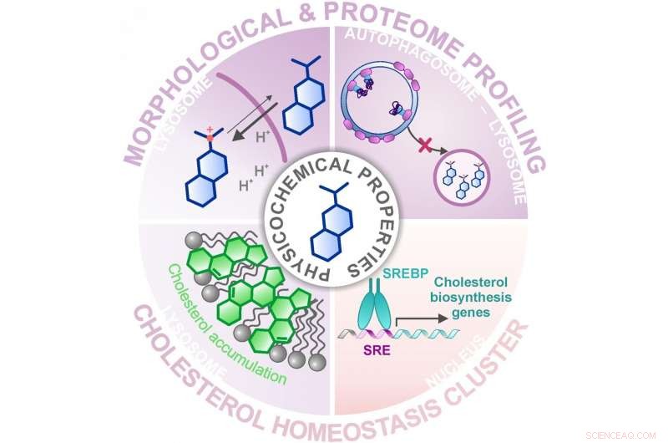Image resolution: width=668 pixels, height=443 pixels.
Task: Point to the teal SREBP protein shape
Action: click(374, 309)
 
